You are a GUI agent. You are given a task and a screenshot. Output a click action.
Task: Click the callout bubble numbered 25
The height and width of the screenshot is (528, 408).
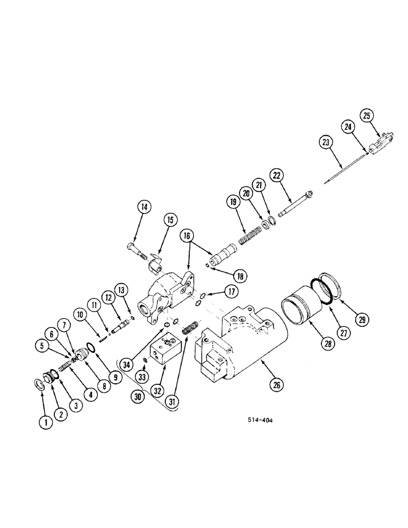pyautogui.click(x=368, y=115)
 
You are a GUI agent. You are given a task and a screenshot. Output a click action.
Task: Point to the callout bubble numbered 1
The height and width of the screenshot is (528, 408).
pyautogui.click(x=47, y=421)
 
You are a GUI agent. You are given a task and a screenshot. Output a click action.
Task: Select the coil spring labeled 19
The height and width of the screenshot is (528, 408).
pyautogui.click(x=251, y=236)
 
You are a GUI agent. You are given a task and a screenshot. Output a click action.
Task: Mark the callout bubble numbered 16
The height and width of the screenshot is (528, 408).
pyautogui.click(x=189, y=235)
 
